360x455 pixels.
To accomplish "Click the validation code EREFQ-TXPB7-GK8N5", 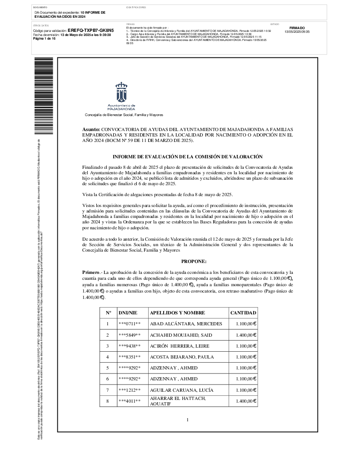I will tap(90, 30).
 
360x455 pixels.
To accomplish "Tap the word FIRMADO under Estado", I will tap(297, 28).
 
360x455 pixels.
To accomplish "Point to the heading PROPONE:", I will tap(194, 261).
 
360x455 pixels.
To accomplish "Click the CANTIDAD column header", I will tap(243, 313).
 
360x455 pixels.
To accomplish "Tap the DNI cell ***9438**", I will tap(130, 346).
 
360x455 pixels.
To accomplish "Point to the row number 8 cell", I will tap(108, 401).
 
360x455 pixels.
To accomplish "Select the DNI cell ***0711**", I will tap(130, 324).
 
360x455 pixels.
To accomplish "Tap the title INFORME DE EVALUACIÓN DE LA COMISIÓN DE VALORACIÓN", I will tap(187, 157).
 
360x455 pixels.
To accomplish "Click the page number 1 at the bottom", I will tap(187, 420).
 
